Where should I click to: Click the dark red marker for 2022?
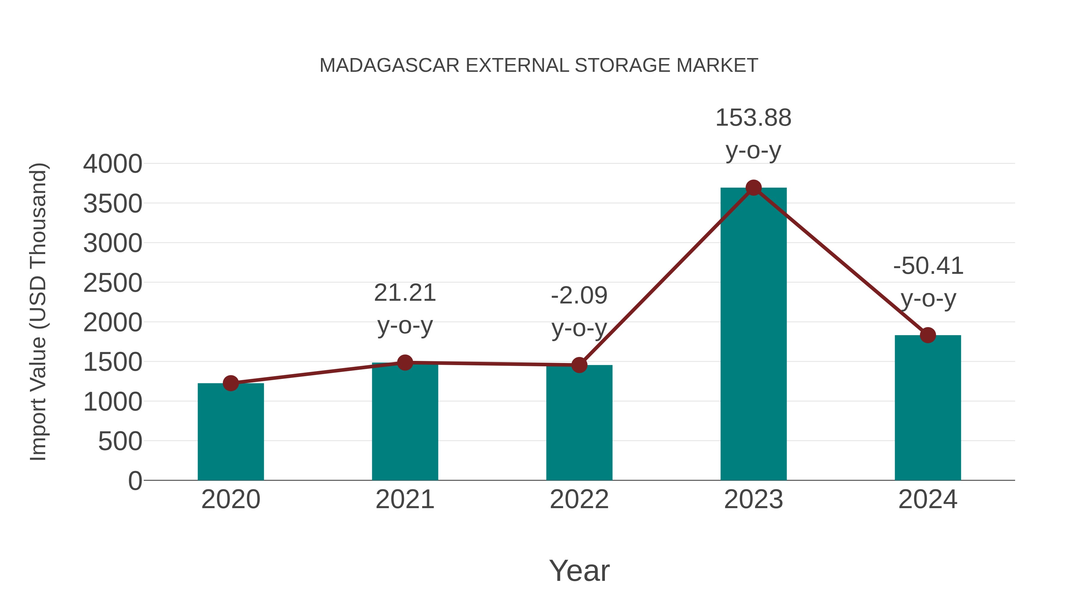pos(579,365)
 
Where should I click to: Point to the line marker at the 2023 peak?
pos(753,188)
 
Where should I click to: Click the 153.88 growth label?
pos(753,118)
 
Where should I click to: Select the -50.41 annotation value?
pos(928,266)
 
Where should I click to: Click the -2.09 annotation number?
pos(579,296)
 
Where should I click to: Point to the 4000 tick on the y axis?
pos(113,164)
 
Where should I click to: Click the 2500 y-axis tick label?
pos(113,283)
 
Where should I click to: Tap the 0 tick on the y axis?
pos(135,481)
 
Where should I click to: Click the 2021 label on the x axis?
pos(405,499)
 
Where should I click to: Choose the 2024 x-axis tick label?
pos(928,499)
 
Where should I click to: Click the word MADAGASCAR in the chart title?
pos(389,66)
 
